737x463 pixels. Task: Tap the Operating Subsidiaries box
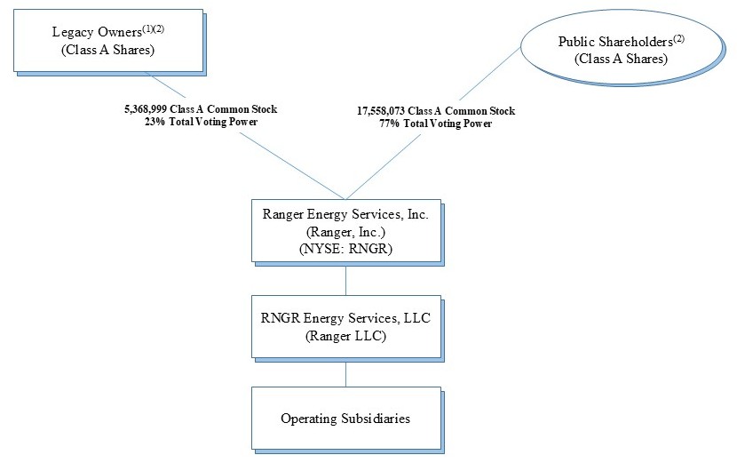(345, 418)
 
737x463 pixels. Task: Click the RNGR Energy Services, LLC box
(345, 326)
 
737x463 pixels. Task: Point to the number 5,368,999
(147, 109)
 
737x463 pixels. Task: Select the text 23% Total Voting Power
(201, 122)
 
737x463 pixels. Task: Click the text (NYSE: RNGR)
(345, 248)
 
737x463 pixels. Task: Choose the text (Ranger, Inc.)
(345, 231)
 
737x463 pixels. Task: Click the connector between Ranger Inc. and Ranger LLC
(345, 279)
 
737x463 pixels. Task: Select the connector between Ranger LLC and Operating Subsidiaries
(345, 371)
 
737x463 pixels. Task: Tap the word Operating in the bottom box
(307, 419)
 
